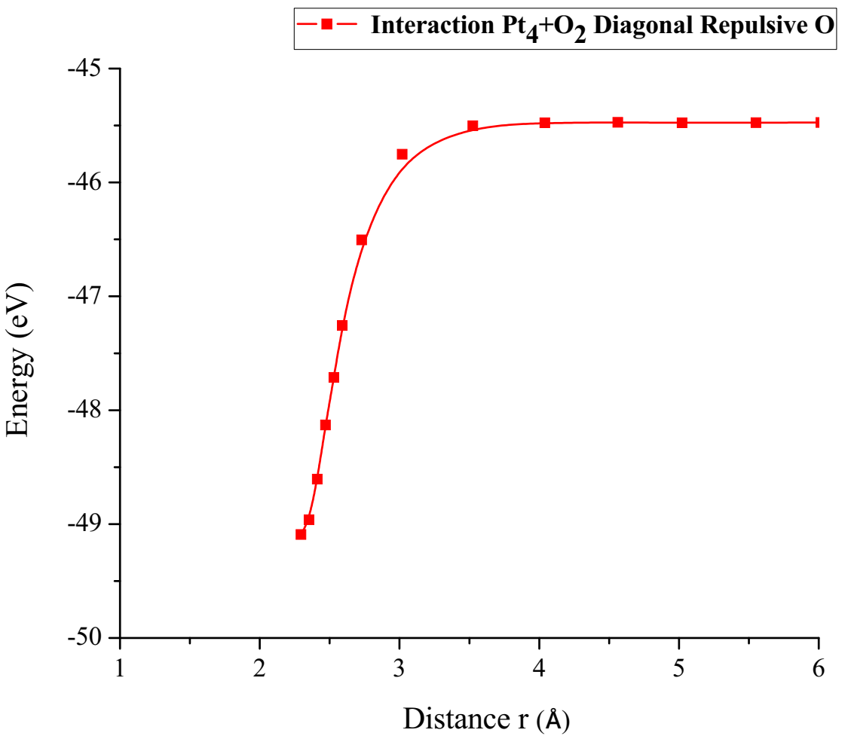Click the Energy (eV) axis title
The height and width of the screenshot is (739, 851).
click(x=20, y=359)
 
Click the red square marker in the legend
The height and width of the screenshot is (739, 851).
click(x=326, y=25)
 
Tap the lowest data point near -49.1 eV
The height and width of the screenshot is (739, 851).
click(x=301, y=535)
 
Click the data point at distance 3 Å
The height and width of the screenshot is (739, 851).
click(x=402, y=154)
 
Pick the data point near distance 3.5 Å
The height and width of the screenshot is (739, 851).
click(x=473, y=126)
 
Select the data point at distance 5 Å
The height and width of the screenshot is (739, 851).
click(x=682, y=123)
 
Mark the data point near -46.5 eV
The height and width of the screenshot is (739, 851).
click(x=362, y=240)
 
